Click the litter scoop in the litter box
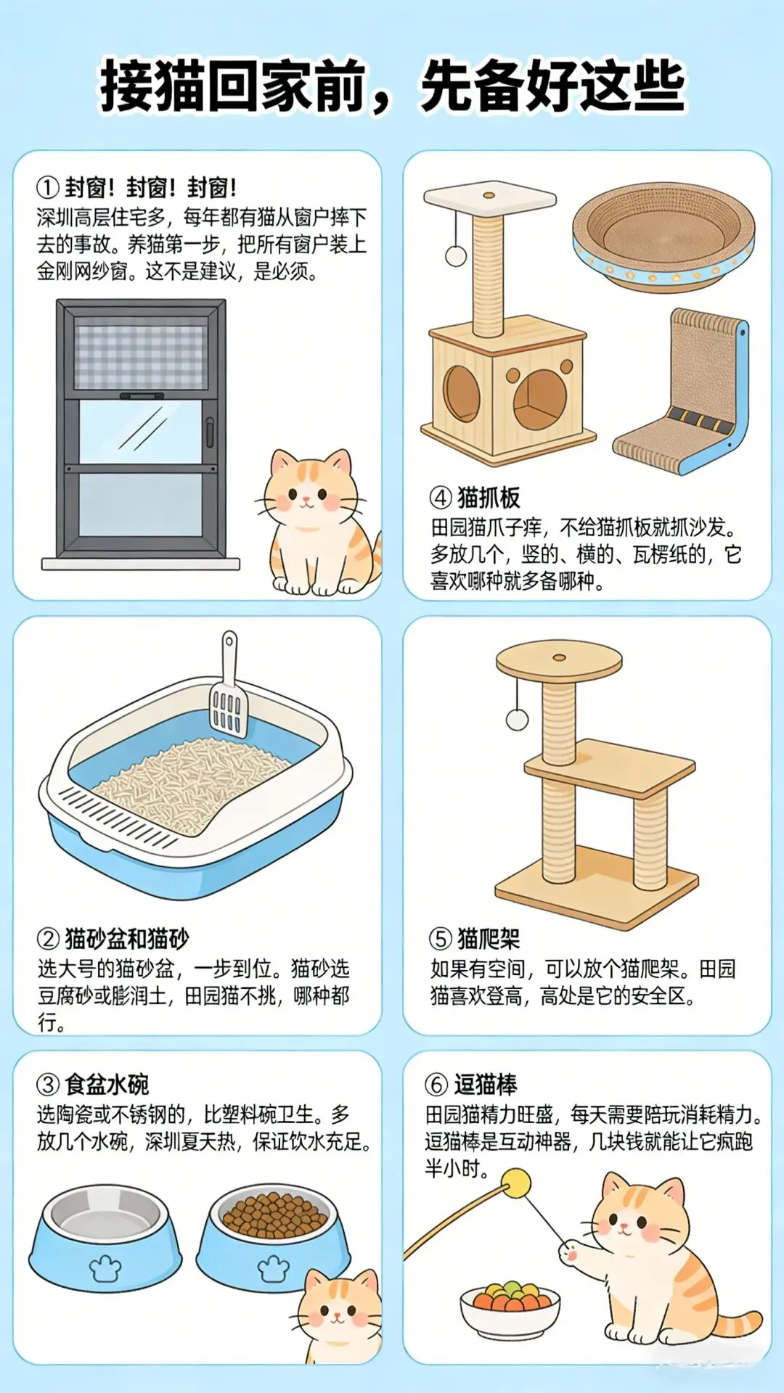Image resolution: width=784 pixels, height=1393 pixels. [x=229, y=689]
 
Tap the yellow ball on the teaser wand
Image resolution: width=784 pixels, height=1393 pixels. [x=517, y=1183]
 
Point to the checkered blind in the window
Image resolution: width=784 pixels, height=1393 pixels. [x=141, y=356]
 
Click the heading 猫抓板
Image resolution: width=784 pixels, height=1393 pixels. [x=489, y=498]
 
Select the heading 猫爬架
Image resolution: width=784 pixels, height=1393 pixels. [x=489, y=939]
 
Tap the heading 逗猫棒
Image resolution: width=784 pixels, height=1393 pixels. [x=486, y=1085]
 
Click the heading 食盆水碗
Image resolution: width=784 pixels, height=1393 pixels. [x=107, y=1085]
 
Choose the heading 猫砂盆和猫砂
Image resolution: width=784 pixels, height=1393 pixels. [x=127, y=939]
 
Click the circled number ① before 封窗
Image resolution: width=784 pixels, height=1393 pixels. [x=47, y=188]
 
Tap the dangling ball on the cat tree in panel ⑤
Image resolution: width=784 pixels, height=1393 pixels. [x=517, y=719]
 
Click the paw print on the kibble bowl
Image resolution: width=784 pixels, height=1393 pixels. [x=274, y=1269]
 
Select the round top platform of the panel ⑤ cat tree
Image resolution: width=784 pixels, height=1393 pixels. [x=559, y=660]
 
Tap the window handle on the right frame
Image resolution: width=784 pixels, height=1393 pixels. [x=210, y=432]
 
